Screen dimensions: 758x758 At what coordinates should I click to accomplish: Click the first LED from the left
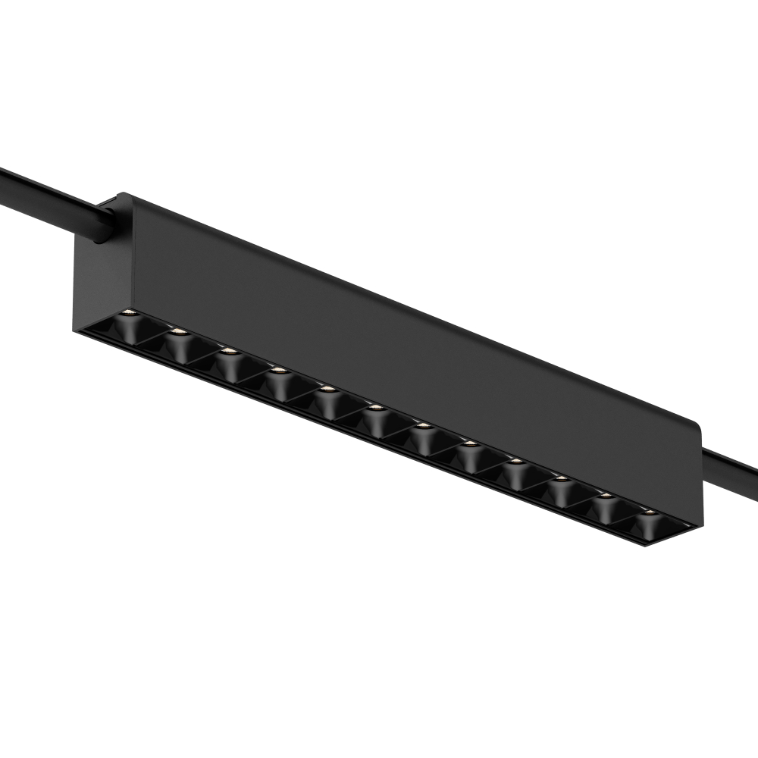pyautogui.click(x=129, y=312)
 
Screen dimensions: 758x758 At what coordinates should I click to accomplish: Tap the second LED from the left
pyautogui.click(x=177, y=331)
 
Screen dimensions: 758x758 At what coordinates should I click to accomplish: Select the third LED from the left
pyautogui.click(x=226, y=350)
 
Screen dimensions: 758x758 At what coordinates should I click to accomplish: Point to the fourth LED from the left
pyautogui.click(x=278, y=370)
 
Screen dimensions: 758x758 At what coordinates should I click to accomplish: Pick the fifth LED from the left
pyautogui.click(x=327, y=390)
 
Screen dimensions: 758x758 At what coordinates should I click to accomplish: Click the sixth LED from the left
pyautogui.click(x=374, y=409)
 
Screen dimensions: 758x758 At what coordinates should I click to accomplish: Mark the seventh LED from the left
pyautogui.click(x=422, y=427)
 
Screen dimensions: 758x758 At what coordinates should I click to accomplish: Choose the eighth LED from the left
pyautogui.click(x=469, y=444)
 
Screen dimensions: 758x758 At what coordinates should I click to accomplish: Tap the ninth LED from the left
pyautogui.click(x=515, y=462)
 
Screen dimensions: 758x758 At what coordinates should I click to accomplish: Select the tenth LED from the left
pyautogui.click(x=561, y=479)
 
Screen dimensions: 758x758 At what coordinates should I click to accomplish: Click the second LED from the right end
pyautogui.click(x=606, y=496)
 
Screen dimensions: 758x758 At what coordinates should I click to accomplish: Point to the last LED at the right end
pyautogui.click(x=648, y=512)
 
